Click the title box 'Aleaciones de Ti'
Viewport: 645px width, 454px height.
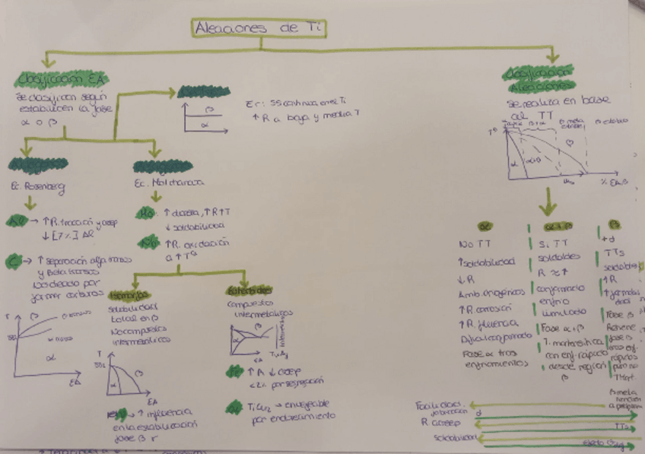(259, 28)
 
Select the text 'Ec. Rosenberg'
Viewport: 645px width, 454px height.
(37, 186)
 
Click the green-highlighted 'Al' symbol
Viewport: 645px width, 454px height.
(17, 221)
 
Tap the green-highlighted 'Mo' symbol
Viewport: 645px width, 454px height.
(149, 214)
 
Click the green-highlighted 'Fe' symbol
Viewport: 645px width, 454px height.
(149, 242)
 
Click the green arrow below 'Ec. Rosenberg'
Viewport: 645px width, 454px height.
(30, 203)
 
